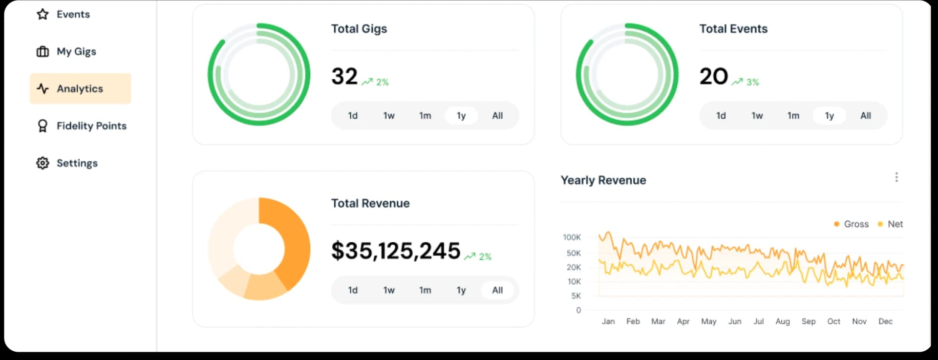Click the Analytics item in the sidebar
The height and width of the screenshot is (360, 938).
click(x=80, y=89)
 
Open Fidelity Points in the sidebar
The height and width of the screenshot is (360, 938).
click(x=91, y=126)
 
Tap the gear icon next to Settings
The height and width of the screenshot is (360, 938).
click(x=43, y=163)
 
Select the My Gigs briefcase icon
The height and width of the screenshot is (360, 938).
click(x=43, y=52)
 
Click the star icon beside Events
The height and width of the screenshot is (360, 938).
click(x=43, y=14)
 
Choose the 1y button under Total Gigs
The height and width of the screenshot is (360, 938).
click(x=461, y=116)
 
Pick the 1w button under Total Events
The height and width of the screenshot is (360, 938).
click(x=757, y=116)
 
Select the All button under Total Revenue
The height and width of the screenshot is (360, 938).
click(x=497, y=290)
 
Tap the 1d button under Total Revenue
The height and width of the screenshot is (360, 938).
click(x=353, y=290)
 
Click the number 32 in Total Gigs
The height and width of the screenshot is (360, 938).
click(x=344, y=77)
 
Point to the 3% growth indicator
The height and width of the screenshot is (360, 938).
click(x=746, y=82)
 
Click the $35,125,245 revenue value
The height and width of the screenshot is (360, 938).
click(x=396, y=251)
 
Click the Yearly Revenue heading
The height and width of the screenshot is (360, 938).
click(x=603, y=180)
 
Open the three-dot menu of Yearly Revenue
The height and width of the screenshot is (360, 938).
click(x=896, y=177)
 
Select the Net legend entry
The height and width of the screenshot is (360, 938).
click(x=891, y=224)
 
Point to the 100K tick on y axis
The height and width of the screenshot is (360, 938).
click(x=572, y=237)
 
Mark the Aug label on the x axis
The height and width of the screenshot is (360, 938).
click(x=782, y=321)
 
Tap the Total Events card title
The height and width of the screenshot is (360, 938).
click(x=733, y=29)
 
